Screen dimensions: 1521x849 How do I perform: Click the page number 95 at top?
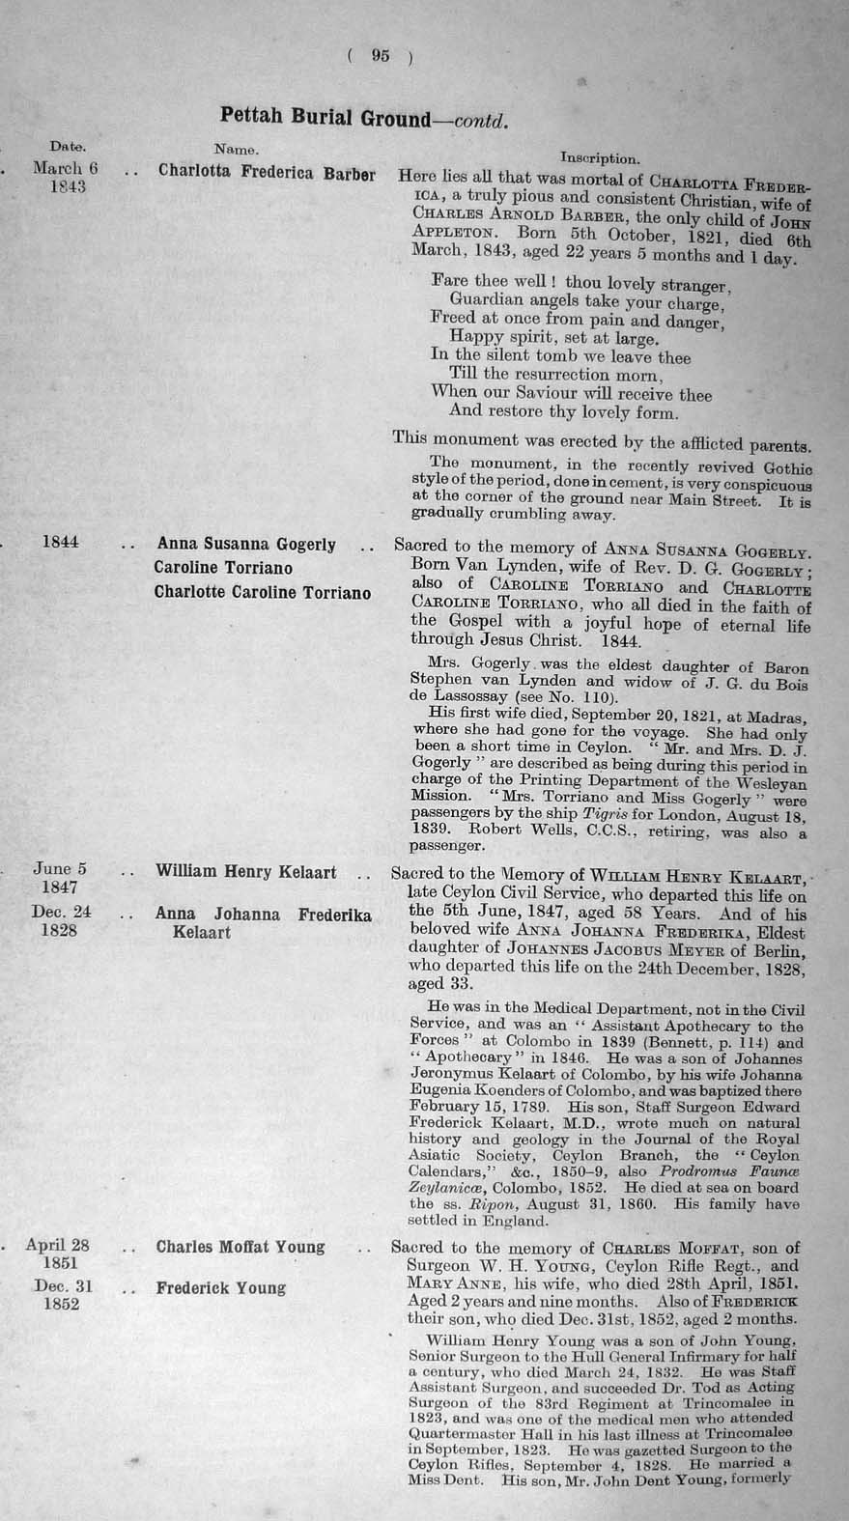click(380, 56)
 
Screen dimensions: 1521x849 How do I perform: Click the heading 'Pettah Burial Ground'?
click(325, 119)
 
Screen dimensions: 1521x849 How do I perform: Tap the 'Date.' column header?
click(68, 147)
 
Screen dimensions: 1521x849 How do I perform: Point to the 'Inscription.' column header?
click(599, 157)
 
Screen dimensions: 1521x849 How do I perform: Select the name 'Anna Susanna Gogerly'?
click(246, 545)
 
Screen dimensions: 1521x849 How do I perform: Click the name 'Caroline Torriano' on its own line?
click(223, 568)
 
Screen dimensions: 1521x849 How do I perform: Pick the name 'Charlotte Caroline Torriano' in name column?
click(262, 592)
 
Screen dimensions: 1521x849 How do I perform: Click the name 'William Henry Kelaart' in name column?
click(246, 872)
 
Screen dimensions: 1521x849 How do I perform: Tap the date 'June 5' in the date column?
click(60, 868)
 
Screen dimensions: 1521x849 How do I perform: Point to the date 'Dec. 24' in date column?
click(62, 912)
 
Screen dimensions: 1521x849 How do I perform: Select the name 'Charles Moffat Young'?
click(240, 1246)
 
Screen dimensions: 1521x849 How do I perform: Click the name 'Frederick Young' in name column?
click(220, 1287)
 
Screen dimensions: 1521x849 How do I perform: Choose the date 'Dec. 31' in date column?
click(61, 1285)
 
